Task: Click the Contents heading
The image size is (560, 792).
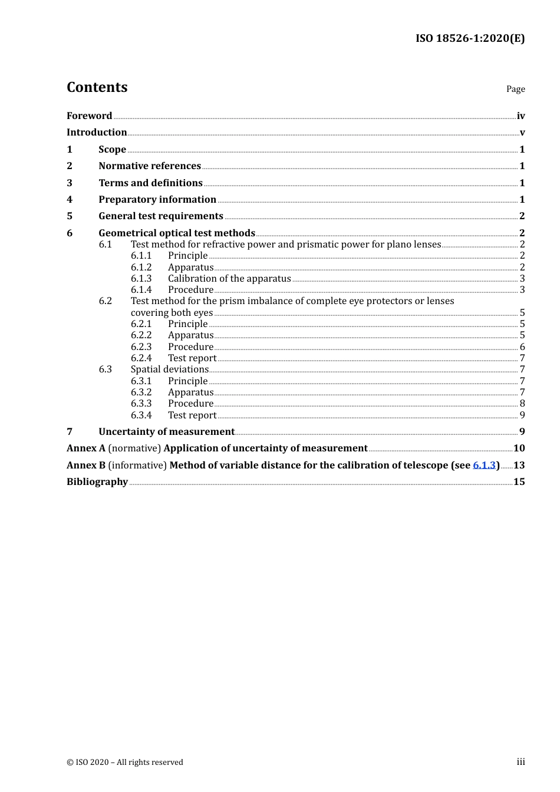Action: (x=97, y=87)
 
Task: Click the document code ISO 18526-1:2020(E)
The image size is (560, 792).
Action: (x=470, y=38)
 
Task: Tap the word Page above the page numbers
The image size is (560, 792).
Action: (x=515, y=89)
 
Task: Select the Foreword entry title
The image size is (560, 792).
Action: (x=89, y=116)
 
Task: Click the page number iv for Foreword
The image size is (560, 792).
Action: (x=521, y=116)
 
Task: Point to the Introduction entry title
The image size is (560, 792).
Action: (x=97, y=133)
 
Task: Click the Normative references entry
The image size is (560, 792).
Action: (x=150, y=166)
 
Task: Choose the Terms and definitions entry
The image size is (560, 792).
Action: (x=150, y=183)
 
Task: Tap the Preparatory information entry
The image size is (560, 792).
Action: (x=157, y=200)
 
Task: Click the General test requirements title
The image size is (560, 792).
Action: (x=161, y=216)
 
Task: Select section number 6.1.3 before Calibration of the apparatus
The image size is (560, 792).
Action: (x=141, y=279)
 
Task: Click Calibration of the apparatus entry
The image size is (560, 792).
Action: (x=229, y=279)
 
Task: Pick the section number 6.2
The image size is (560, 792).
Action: (x=105, y=301)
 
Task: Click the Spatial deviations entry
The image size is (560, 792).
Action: (x=169, y=369)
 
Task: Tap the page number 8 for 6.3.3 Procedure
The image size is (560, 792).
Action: (x=522, y=404)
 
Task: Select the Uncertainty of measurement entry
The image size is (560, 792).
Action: (x=166, y=432)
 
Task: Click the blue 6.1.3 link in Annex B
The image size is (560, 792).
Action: (x=484, y=466)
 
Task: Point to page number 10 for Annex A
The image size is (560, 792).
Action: (x=519, y=448)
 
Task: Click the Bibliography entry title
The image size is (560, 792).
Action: (x=97, y=482)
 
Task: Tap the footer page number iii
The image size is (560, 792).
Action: (x=521, y=762)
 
